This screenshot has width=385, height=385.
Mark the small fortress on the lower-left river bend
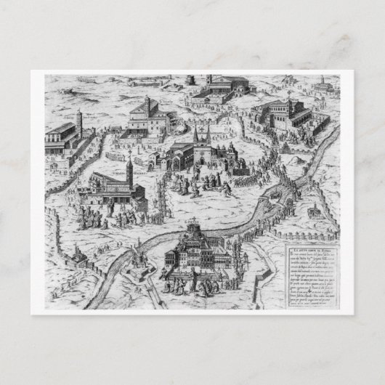click(137, 260)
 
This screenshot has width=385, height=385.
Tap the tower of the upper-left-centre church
click(147, 106)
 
